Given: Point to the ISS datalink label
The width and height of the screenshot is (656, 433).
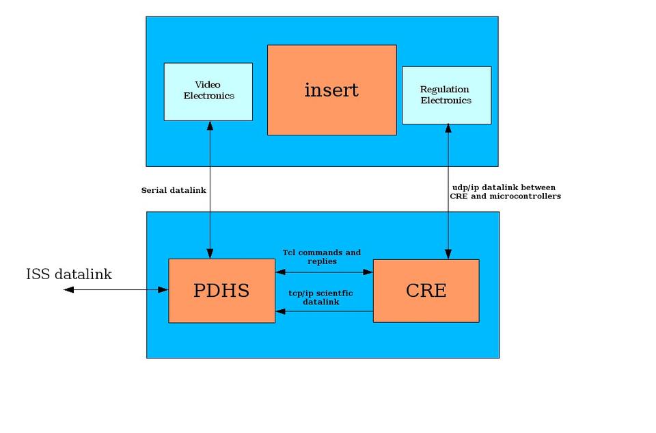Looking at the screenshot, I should tap(68, 274).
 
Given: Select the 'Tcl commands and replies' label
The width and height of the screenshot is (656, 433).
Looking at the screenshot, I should tap(322, 257).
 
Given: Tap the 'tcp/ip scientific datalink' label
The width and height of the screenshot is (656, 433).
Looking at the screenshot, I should tap(322, 297).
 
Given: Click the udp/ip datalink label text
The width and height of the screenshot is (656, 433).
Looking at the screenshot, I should tap(504, 192).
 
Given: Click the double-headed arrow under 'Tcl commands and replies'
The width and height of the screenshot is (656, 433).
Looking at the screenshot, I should tap(324, 272).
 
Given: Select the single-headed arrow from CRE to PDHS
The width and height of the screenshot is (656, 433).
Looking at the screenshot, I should tap(324, 312).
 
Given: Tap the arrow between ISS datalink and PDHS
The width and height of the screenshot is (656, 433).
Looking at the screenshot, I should tap(116, 290).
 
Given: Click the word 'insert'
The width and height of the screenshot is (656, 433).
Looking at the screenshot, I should tap(331, 90).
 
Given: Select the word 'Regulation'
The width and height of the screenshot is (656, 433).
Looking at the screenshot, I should tap(444, 90).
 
